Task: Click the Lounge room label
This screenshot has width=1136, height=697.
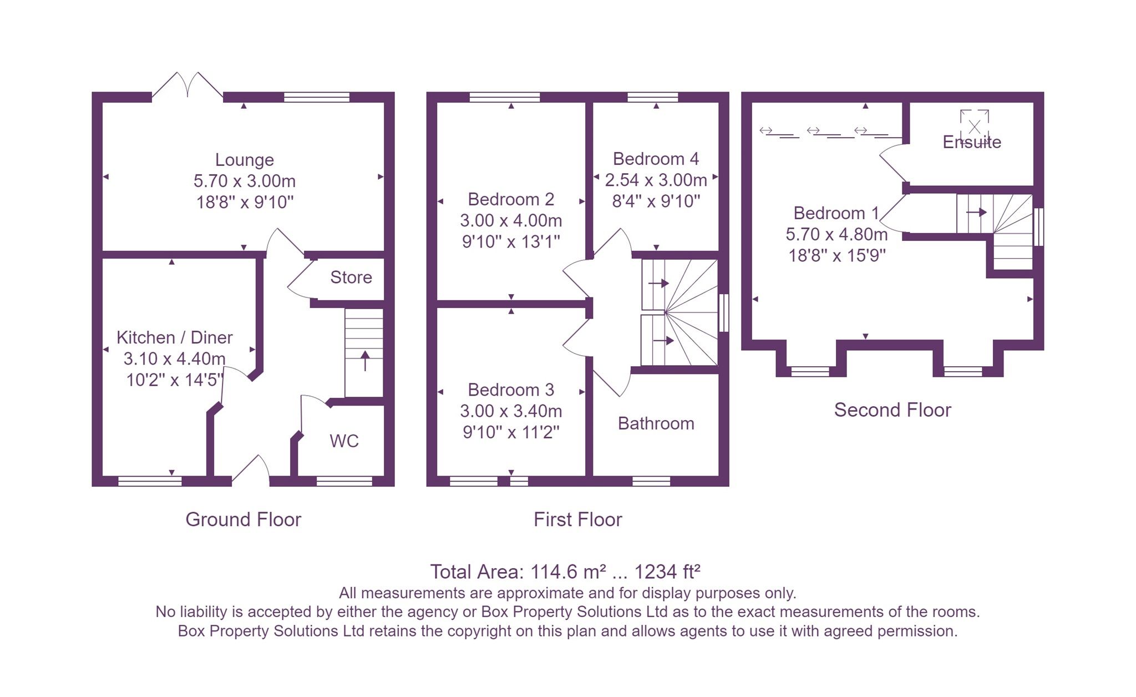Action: point(244,160)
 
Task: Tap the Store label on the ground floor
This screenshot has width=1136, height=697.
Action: point(351,277)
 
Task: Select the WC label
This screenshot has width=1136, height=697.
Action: point(344,441)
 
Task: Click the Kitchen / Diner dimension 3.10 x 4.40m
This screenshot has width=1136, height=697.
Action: point(174,359)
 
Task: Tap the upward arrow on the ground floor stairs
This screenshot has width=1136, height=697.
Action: point(365,361)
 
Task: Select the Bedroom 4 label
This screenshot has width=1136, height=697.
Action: point(655,159)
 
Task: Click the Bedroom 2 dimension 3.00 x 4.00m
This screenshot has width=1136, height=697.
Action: point(510,221)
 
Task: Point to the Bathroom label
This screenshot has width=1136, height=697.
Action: point(656,424)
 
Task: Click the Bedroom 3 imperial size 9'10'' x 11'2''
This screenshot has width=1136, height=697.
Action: point(510,432)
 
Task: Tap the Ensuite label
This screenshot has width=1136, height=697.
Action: point(971,142)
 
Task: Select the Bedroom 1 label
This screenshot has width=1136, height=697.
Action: point(836,213)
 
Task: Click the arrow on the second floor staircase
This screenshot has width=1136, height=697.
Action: point(976,212)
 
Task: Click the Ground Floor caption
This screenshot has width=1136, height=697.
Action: point(243,520)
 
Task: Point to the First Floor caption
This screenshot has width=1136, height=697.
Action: point(577,520)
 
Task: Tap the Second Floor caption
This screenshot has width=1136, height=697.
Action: point(892,410)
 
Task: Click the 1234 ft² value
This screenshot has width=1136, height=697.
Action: point(667,572)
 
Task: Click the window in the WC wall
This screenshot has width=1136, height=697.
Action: point(343,481)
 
